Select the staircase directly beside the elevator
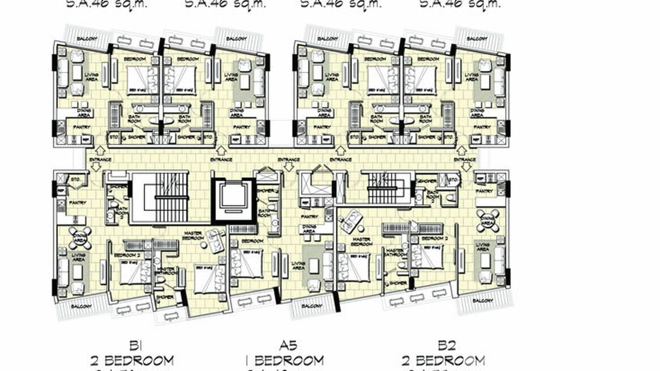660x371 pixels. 161,197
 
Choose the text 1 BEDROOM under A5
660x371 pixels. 285,361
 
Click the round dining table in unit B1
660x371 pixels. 80,238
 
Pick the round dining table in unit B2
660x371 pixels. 487,220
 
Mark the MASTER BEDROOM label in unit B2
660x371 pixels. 361,241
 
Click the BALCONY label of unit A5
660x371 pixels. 310,306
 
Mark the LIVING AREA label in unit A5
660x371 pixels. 298,266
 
